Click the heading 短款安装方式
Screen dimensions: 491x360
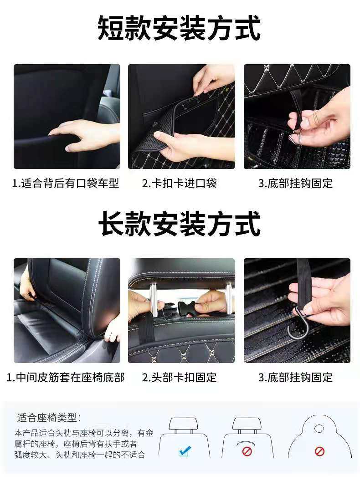pos(179,28)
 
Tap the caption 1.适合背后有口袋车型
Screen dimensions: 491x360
pos(65,183)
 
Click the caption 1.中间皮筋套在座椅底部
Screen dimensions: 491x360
pos(65,377)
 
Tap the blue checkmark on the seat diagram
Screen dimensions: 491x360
pos(185,451)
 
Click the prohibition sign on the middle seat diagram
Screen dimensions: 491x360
pos(247,451)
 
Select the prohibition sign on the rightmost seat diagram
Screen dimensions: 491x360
pos(319,451)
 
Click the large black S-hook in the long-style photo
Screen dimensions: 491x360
pos(297,326)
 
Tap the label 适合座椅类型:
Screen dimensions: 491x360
pos(49,418)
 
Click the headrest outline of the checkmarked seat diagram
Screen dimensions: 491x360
pos(183,424)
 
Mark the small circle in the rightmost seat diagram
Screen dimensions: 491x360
pos(319,428)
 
